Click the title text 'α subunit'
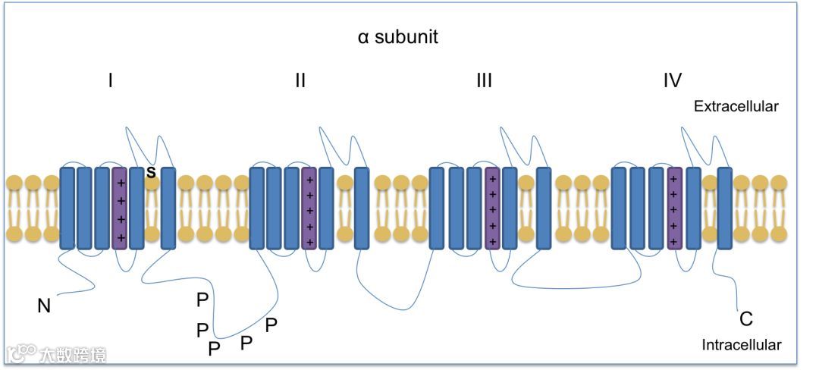point(397,36)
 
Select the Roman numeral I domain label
point(111,80)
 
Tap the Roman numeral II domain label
point(300,80)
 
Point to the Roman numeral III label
point(484,80)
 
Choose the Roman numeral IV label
point(672,80)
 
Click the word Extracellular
point(736,107)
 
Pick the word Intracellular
point(741,345)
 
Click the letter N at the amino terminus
point(44,306)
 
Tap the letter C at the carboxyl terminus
point(745,319)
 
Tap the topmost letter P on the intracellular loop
point(202,300)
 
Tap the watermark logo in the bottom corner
point(57,354)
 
